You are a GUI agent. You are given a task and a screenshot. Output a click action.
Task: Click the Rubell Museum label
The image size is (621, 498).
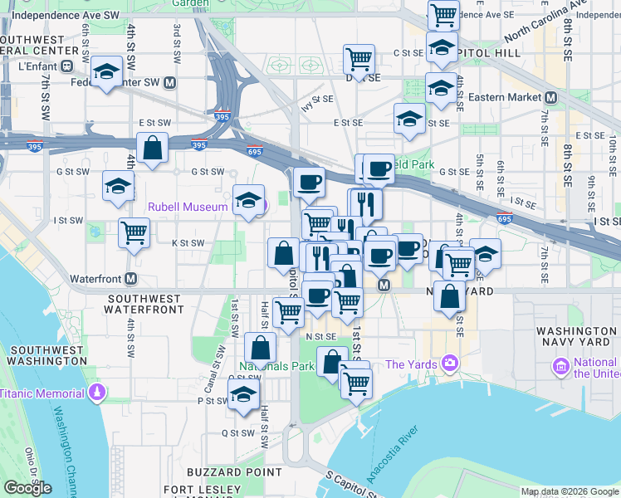click(x=188, y=207)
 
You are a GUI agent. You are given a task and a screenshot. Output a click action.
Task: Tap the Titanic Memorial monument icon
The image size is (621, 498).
click(x=98, y=392)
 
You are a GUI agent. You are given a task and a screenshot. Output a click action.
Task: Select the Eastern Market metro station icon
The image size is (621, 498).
click(x=550, y=97)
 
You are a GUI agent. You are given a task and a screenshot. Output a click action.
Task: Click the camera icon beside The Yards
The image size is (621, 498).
click(x=450, y=363)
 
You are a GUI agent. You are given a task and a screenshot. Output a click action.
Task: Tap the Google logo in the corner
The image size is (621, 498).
click(x=27, y=488)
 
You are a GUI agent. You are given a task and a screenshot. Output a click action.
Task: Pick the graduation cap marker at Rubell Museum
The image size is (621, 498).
click(x=248, y=200)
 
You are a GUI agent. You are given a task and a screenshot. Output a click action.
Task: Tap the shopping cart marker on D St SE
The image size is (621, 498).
click(x=359, y=59)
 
